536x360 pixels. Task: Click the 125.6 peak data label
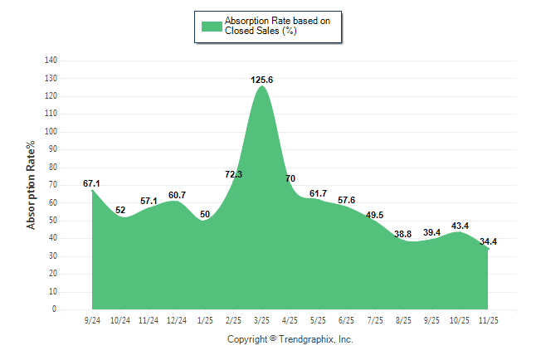pos(261,80)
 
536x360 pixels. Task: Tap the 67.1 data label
pos(91,183)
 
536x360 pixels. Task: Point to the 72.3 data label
pos(233,174)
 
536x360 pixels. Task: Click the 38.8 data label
pos(402,234)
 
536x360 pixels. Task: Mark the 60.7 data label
pos(177,195)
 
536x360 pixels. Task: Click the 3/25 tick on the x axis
pos(261,319)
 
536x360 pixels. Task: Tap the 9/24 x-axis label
pos(92,319)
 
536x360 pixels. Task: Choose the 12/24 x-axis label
pos(177,319)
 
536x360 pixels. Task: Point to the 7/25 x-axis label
pos(374,319)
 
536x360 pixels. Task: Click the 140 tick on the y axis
pos(51,61)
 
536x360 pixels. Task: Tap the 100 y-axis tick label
pos(51,132)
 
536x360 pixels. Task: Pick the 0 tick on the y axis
pos(55,309)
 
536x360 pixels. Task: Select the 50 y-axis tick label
pos(52,221)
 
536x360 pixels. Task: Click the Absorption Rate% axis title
pos(31,185)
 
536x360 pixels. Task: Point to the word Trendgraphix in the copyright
pos(305,339)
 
